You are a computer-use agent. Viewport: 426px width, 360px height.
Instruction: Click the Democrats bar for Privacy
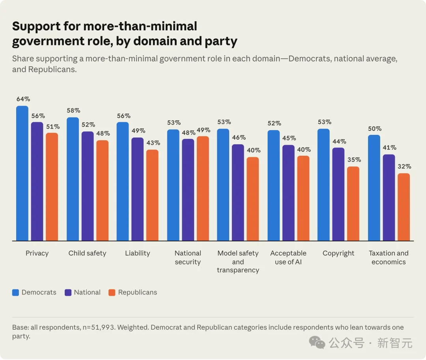click(22, 173)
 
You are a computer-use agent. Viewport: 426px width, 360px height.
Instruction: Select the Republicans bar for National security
click(203, 188)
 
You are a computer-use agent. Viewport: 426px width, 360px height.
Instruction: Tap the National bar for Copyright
click(338, 194)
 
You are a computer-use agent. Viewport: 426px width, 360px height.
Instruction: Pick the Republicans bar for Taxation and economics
click(404, 207)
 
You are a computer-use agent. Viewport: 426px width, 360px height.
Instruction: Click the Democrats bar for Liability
click(123, 181)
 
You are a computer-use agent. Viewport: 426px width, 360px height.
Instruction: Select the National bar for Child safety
click(88, 186)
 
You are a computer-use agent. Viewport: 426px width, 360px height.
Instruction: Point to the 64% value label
click(23, 99)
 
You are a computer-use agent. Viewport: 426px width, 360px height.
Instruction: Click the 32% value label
click(405, 166)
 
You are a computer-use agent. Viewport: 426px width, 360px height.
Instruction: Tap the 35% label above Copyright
click(354, 160)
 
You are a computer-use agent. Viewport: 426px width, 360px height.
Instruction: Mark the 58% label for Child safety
click(74, 110)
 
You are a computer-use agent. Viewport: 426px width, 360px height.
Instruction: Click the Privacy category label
click(37, 253)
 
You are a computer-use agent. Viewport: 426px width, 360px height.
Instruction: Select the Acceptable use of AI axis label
click(288, 257)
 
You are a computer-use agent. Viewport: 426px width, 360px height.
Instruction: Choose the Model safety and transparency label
click(238, 261)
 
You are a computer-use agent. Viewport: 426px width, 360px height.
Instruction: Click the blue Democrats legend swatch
click(15, 293)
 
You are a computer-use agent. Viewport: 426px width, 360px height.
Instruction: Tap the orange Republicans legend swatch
click(112, 293)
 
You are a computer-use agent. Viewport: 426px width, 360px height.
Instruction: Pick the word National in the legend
click(87, 293)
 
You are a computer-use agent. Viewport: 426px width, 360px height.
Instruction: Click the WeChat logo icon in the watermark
click(317, 342)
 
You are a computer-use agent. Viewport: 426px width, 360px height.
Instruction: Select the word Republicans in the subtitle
click(52, 69)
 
